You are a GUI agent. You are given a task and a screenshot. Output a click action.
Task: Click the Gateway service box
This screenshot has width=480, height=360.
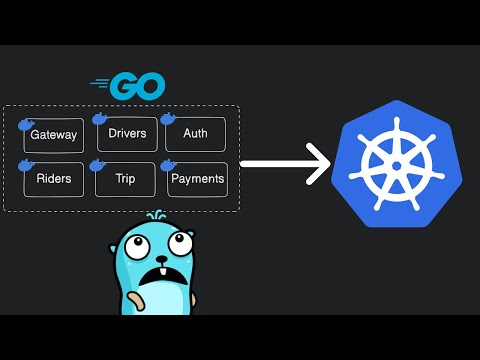[53, 135]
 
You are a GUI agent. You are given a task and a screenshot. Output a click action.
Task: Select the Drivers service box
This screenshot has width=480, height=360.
[127, 134]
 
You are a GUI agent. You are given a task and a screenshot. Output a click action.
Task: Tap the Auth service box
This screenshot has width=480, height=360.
[195, 134]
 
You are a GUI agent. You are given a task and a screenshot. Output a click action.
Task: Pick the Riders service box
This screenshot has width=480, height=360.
[53, 180]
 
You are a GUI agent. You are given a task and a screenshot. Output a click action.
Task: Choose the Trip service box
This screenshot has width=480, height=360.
[125, 180]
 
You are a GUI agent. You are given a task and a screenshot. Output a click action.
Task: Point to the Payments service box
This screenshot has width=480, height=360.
[197, 180]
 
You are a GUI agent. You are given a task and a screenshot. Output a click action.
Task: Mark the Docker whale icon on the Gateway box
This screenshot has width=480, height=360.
[28, 124]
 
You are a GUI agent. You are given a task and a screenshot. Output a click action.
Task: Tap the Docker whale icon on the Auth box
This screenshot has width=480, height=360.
[169, 119]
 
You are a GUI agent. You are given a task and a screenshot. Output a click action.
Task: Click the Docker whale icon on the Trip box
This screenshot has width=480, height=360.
[98, 165]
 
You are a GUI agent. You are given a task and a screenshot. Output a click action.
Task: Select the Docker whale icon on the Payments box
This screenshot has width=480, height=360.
[169, 166]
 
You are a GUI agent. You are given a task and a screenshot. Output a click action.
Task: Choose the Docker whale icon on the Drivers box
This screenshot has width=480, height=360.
[100, 120]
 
